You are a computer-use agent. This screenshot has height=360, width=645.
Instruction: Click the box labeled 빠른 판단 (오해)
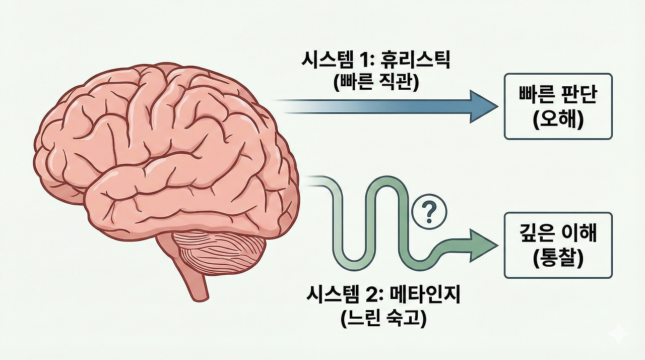click(x=558, y=106)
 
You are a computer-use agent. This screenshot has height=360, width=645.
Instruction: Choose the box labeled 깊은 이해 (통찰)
click(x=558, y=246)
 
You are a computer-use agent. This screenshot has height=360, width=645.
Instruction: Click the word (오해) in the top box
click(x=558, y=121)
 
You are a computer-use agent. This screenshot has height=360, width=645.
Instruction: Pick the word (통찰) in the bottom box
click(x=558, y=259)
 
